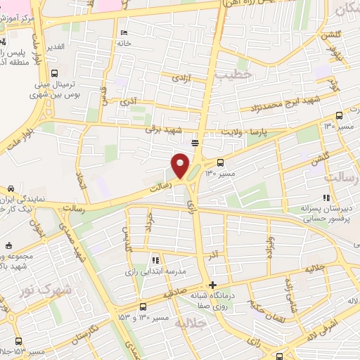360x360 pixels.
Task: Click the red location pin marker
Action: (x=181, y=165)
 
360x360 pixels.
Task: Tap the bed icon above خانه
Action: (x=124, y=32)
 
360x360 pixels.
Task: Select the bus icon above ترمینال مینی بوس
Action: (x=55, y=72)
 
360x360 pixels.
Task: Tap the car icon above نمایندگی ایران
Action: (x=12, y=188)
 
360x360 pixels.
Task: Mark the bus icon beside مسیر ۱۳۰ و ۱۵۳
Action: (x=143, y=307)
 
